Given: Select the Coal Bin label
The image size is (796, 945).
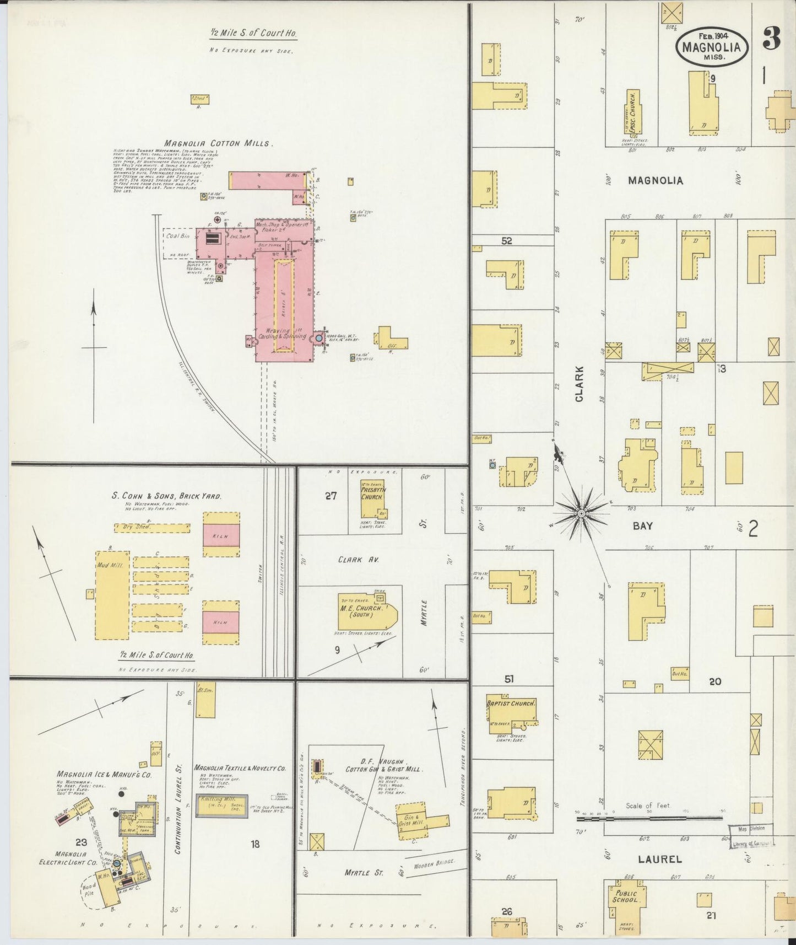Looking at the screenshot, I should tap(177, 236).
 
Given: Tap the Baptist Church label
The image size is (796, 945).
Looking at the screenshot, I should tap(511, 704).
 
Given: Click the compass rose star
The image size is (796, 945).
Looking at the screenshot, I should tap(580, 513).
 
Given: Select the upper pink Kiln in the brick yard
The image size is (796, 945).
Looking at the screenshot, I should tap(221, 534).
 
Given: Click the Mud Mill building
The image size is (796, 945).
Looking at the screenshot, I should tap(112, 594).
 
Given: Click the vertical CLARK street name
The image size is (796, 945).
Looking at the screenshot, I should tap(580, 384).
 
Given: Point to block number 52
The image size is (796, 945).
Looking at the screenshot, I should tap(507, 241).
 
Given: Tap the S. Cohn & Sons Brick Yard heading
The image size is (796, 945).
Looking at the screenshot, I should tap(166, 496).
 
